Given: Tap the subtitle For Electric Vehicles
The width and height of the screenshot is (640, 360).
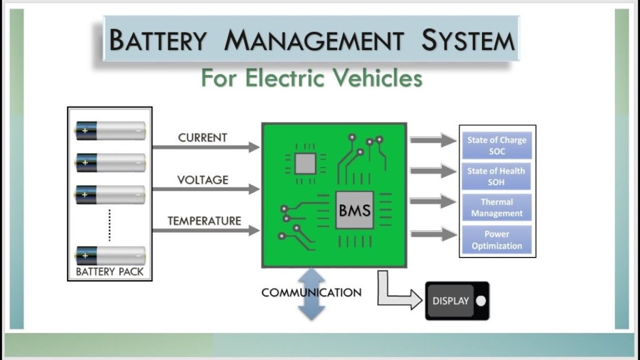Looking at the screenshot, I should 311,79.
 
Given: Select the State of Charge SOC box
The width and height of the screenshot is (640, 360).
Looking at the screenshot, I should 497,146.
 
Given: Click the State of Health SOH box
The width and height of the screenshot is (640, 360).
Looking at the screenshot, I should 497,176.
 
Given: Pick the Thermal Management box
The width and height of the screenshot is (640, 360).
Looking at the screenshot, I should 497,207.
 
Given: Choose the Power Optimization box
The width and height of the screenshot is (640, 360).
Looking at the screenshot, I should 497,239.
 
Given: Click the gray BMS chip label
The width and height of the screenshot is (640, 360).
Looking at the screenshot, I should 354,210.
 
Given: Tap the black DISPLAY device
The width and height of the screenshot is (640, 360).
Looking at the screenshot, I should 457,301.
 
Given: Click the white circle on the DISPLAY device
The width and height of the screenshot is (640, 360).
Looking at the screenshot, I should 480,301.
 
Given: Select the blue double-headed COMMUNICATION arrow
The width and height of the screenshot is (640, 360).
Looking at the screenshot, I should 312,294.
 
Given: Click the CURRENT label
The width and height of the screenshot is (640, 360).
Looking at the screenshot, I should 202,137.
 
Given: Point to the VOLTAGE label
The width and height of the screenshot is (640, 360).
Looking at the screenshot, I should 202,180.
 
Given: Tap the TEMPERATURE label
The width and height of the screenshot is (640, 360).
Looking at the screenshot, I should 204,221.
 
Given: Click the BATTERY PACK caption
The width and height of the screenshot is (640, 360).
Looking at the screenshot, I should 110,272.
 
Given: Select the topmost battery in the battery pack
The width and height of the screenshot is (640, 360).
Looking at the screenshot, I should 110,131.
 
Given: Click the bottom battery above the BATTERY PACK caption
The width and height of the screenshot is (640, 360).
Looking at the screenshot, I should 110,255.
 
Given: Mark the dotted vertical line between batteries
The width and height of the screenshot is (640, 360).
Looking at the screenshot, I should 109,224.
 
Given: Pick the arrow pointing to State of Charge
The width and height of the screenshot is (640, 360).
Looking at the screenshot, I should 433,140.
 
